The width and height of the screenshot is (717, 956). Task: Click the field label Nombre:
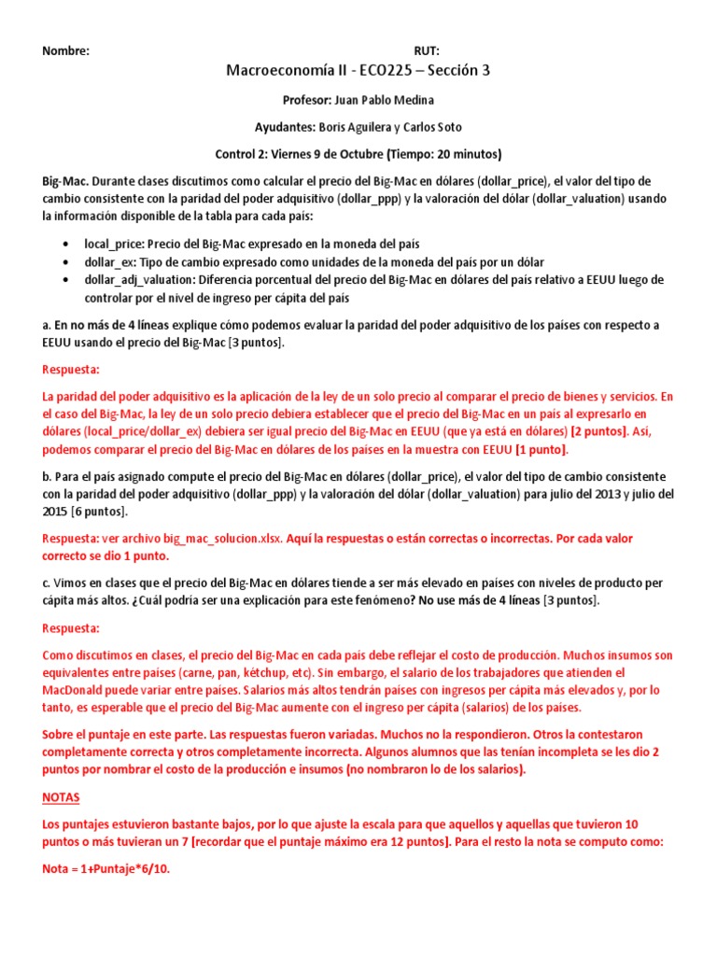pos(65,51)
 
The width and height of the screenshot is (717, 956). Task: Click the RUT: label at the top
pos(427,51)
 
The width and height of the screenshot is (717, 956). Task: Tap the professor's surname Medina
pos(415,100)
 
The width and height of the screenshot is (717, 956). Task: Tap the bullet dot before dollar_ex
pos(63,261)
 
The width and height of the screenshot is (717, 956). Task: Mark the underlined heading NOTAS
pos(62,798)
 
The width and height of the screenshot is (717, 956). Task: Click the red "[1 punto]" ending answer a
pos(546,449)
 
